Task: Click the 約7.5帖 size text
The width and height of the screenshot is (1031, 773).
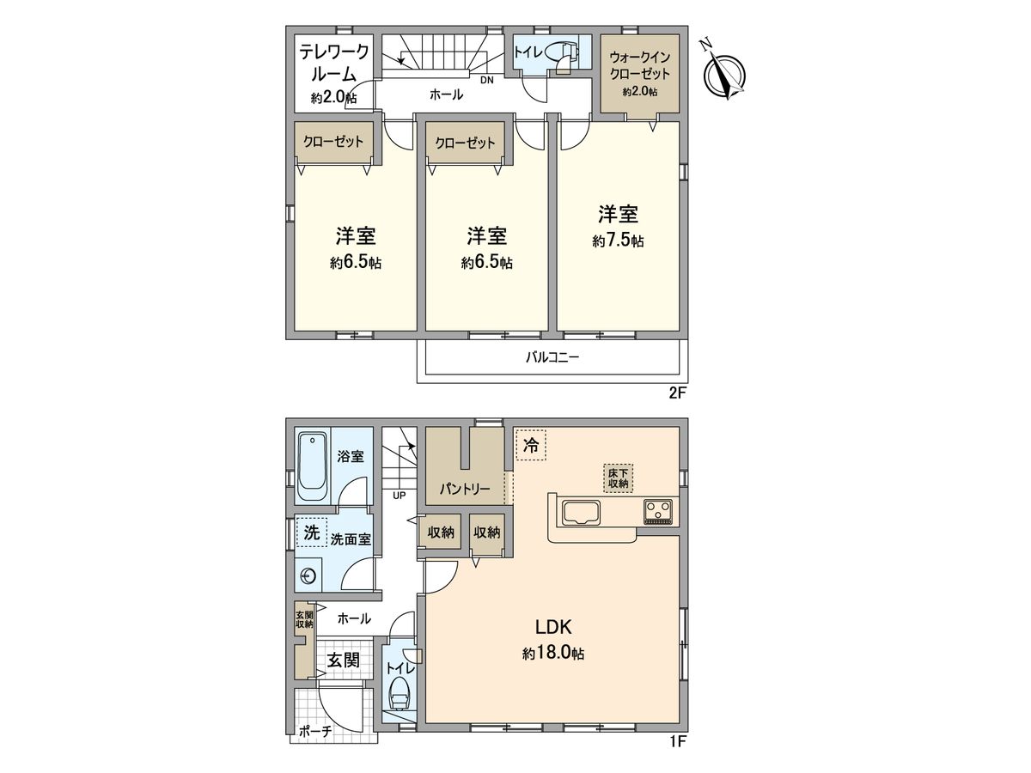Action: pyautogui.click(x=618, y=242)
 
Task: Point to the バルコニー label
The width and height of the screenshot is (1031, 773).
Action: pyautogui.click(x=552, y=358)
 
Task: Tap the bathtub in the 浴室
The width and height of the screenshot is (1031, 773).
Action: pyautogui.click(x=311, y=468)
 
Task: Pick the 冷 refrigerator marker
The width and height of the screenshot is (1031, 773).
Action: pyautogui.click(x=530, y=447)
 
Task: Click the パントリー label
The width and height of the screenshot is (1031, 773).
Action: pyautogui.click(x=465, y=489)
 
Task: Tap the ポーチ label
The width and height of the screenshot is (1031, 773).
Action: pyautogui.click(x=314, y=733)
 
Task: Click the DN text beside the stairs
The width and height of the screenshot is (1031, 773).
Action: pyautogui.click(x=486, y=80)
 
